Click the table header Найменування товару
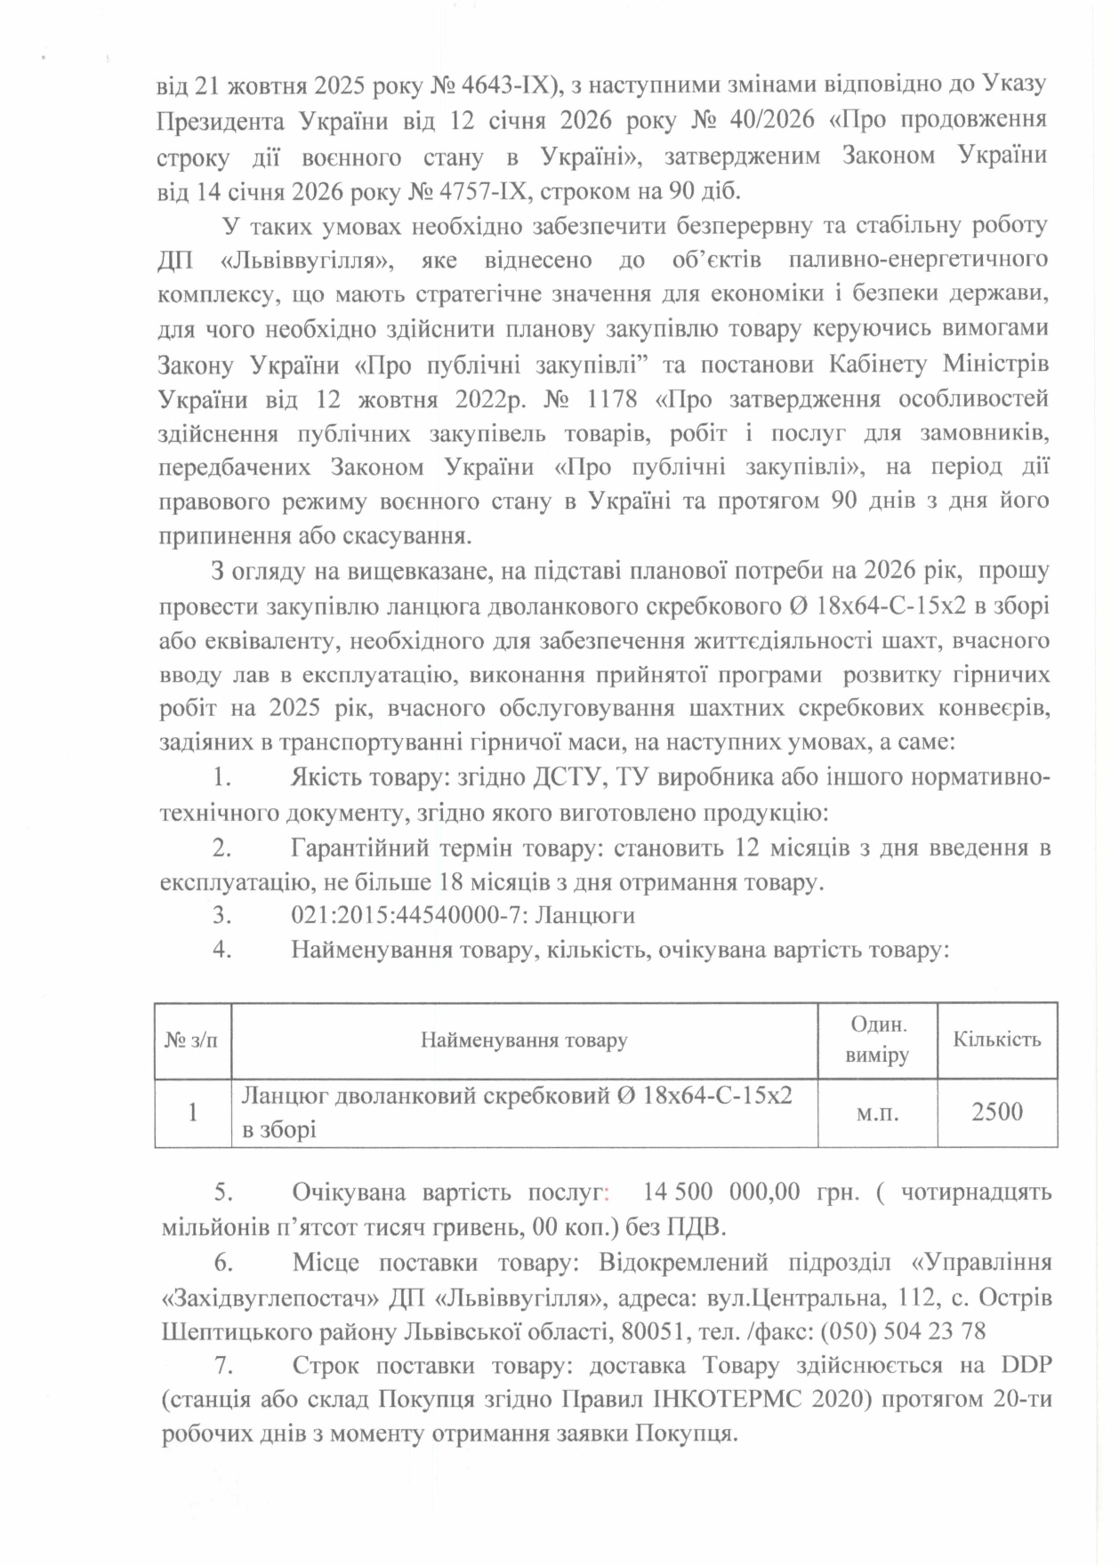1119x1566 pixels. [x=524, y=1040]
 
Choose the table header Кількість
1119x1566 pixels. [x=996, y=1040]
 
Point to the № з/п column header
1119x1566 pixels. [x=191, y=1040]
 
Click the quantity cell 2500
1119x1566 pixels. [x=996, y=1112]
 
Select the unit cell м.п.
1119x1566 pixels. [x=876, y=1112]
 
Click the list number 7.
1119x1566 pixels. [x=222, y=1366]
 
